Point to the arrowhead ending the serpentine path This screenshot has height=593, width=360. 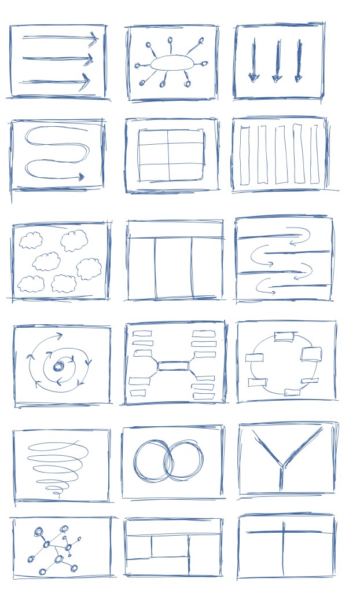82,177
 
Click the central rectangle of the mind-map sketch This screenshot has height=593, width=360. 173,365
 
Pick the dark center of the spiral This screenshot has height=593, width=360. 59,366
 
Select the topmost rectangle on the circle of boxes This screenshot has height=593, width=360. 284,336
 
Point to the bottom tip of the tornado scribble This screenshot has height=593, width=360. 57,494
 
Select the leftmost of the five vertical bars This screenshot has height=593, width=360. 244,155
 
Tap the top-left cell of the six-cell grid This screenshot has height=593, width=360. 153,138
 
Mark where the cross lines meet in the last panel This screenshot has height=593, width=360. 283,531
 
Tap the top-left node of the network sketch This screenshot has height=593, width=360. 39,532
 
